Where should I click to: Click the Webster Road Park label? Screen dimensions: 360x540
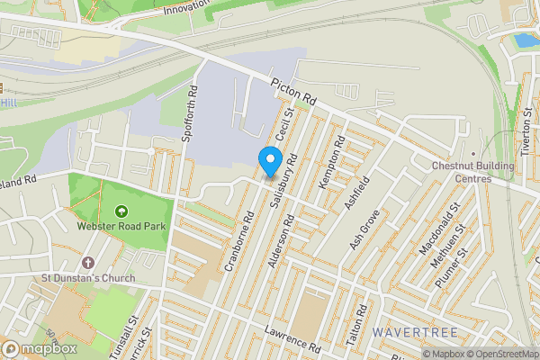[119, 227]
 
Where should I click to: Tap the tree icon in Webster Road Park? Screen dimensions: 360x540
[119, 211]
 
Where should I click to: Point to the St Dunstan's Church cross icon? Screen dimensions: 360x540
[88, 263]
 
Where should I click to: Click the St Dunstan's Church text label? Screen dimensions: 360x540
[88, 278]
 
